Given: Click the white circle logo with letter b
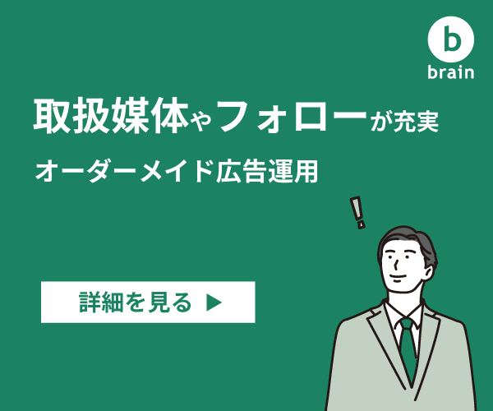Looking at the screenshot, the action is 451,39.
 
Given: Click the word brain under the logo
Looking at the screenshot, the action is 451,72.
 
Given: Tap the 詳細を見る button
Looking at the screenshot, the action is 148,302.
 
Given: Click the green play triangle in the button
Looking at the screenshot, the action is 214,302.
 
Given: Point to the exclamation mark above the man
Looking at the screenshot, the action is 358,213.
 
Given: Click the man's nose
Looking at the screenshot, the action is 396,265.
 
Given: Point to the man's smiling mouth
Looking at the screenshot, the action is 397,277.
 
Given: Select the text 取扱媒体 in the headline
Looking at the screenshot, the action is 111,115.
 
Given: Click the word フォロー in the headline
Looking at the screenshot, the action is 293,115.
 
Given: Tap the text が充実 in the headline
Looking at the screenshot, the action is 404,121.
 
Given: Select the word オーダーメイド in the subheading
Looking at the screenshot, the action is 123,172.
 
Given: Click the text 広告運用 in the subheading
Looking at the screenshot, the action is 267,172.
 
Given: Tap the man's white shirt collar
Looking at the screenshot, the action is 403,315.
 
